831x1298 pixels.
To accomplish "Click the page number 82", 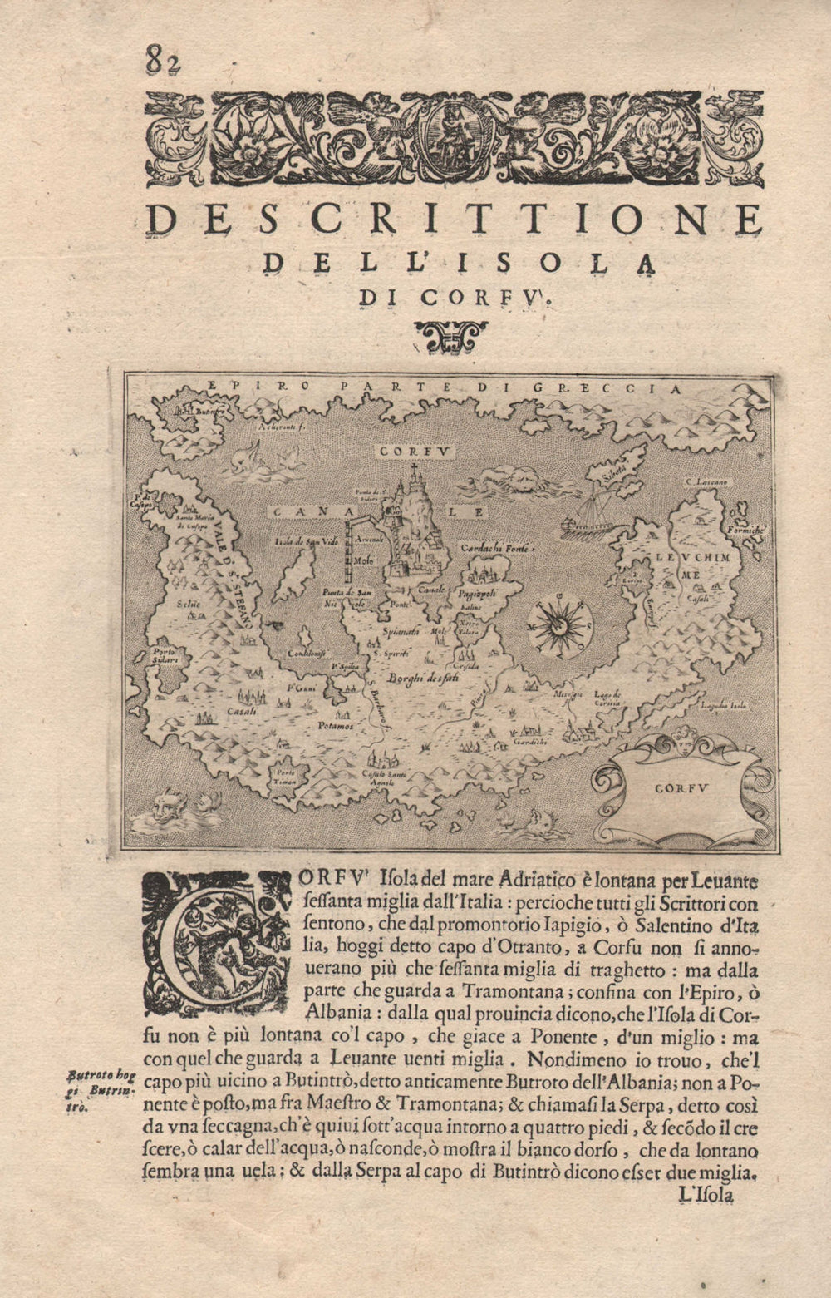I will click(x=163, y=61).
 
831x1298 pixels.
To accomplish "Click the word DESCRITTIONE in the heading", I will click(x=454, y=220).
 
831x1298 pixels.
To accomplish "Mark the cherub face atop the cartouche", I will click(x=684, y=741).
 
